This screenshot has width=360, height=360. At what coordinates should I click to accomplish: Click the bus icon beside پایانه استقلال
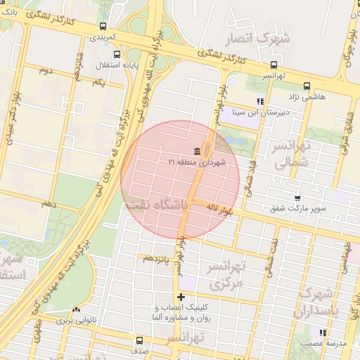(x=117, y=53)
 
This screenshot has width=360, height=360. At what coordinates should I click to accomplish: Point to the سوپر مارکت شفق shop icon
(x=297, y=198)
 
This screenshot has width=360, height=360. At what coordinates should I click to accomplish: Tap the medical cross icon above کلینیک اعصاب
(x=181, y=297)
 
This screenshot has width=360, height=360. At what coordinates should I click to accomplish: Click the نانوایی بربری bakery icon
(x=76, y=309)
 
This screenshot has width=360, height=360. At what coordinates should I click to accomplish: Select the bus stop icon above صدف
(x=139, y=340)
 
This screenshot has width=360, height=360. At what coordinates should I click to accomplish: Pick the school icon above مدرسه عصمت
(x=323, y=332)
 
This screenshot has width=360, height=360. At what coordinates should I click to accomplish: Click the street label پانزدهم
(x=157, y=259)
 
